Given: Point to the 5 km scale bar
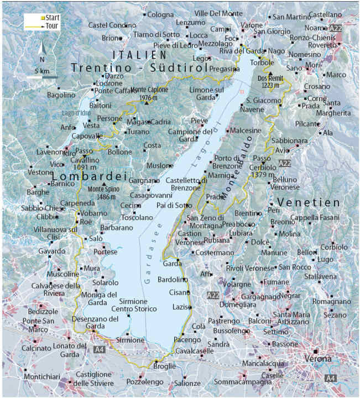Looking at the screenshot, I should tap(41, 76).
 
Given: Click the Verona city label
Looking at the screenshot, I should tap(320, 358).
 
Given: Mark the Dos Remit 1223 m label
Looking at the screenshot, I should tap(270, 81).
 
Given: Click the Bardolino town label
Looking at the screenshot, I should tap(172, 279).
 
